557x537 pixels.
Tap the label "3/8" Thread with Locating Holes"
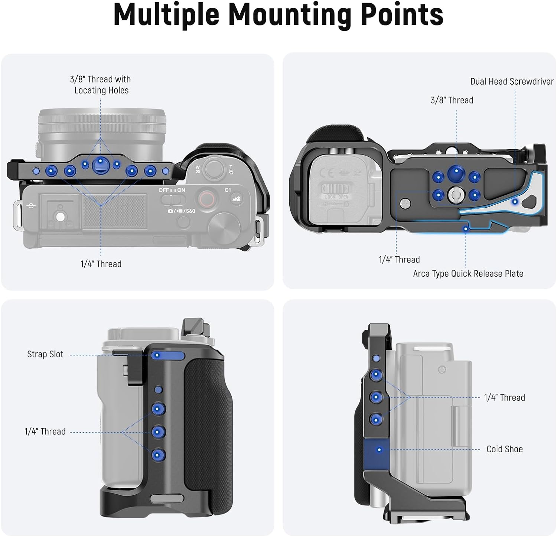click(x=101, y=85)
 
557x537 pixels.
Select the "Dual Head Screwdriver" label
click(x=512, y=82)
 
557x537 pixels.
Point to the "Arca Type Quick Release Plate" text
click(x=468, y=274)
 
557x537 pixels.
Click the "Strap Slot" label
click(x=45, y=354)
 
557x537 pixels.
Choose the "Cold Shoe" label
click(x=504, y=449)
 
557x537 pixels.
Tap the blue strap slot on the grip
click(x=168, y=355)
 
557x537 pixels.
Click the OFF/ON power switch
click(x=172, y=199)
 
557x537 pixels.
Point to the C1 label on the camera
click(x=228, y=190)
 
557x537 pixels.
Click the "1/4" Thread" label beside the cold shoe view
click(x=504, y=398)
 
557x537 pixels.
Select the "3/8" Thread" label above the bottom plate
click(x=452, y=100)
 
